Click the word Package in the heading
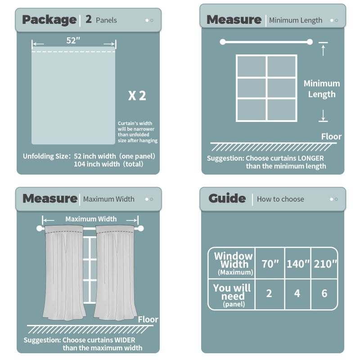click(49, 20)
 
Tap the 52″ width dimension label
click(73, 40)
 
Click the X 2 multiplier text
click(137, 95)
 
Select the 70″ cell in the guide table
click(270, 264)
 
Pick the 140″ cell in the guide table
click(298, 264)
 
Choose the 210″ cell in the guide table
click(325, 264)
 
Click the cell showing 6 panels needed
click(324, 293)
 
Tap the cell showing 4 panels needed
click(297, 293)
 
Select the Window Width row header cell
click(233, 263)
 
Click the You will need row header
click(232, 294)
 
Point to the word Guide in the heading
click(227, 198)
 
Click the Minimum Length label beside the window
click(322, 89)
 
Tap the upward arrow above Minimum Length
click(323, 50)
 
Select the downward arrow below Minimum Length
click(323, 117)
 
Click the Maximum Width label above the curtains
click(91, 219)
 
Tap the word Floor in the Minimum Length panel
click(331, 136)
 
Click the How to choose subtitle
click(280, 199)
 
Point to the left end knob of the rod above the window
click(222, 42)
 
